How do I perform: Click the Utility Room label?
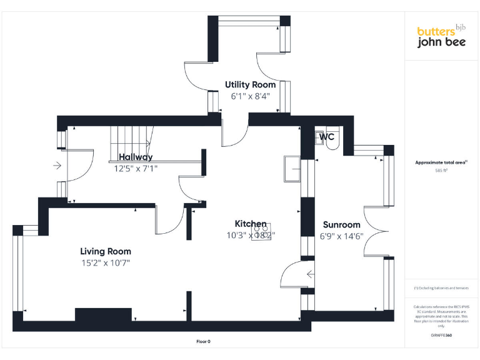point(251,84)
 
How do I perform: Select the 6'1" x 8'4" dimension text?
point(250,96)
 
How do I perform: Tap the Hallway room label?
point(136,157)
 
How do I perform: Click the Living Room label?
point(106,251)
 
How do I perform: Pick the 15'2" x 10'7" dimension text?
point(105,262)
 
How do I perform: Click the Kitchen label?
point(251,224)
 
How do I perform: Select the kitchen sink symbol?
point(292,167)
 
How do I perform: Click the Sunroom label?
point(341,225)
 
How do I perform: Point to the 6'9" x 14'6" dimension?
point(341,236)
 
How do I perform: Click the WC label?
point(327,136)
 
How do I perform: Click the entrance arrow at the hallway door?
point(57,166)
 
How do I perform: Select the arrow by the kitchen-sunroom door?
point(310,273)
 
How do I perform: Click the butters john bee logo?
point(441,36)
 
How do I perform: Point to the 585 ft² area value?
point(442,170)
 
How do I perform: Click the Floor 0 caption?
point(204,341)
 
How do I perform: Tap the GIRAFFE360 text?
point(441,336)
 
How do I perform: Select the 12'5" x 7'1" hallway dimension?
point(136,168)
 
